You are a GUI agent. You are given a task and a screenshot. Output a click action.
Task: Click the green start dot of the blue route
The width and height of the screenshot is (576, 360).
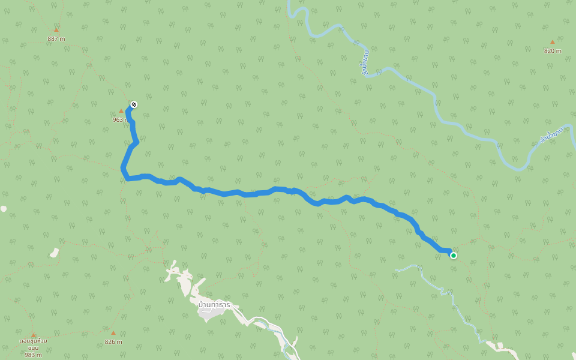tap(454, 256)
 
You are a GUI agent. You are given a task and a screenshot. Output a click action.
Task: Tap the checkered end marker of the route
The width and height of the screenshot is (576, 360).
tap(134, 104)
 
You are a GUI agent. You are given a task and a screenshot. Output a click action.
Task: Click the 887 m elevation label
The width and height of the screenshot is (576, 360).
tap(56, 39)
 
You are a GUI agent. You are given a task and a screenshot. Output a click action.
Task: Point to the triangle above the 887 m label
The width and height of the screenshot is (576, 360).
tap(56, 29)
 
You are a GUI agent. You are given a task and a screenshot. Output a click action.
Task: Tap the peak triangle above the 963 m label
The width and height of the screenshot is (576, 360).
tap(121, 111)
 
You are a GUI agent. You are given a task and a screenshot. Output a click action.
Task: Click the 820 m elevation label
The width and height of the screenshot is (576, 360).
tap(553, 51)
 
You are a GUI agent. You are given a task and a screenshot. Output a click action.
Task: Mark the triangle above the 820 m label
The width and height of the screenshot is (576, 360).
tap(553, 42)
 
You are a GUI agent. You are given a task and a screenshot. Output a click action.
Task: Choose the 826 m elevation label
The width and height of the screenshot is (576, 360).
tap(113, 342)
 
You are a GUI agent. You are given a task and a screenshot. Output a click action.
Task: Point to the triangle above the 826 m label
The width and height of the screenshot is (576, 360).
tap(113, 332)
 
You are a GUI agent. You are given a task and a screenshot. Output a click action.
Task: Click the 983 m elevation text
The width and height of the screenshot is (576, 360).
tap(34, 355)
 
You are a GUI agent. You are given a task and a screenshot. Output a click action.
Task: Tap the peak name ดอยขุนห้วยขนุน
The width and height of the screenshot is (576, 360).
tap(34, 344)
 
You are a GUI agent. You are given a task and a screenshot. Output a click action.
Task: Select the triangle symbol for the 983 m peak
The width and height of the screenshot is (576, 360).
tap(34, 335)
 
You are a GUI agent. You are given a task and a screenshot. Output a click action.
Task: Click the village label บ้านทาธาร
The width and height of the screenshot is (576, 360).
tap(214, 305)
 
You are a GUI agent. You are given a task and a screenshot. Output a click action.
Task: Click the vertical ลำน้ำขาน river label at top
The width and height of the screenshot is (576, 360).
tap(365, 63)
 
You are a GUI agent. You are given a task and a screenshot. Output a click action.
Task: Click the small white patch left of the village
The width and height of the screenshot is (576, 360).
tap(54, 253)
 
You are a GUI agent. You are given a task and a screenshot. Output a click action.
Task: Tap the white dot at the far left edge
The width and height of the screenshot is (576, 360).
tap(3, 209)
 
